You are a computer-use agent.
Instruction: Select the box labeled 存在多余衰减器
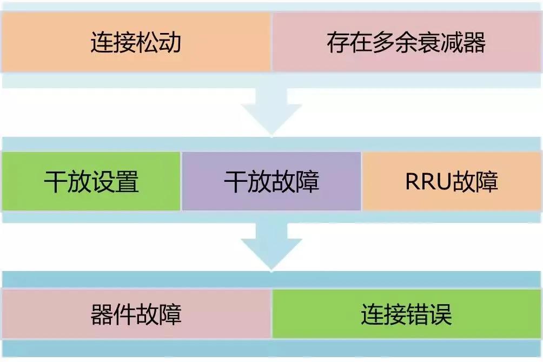pos(407,42)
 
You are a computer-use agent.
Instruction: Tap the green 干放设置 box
pos(91,181)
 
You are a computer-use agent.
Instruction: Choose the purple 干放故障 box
pos(271,181)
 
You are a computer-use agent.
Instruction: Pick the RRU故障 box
pos(452,181)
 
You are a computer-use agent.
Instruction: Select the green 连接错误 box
pos(407,314)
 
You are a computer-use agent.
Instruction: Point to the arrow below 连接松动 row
pos(271,111)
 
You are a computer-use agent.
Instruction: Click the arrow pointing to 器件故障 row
pos(271,246)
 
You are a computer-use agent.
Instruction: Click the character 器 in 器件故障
pos(101,314)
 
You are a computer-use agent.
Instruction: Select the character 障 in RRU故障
pos(486,182)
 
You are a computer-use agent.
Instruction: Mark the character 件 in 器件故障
pos(124,314)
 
